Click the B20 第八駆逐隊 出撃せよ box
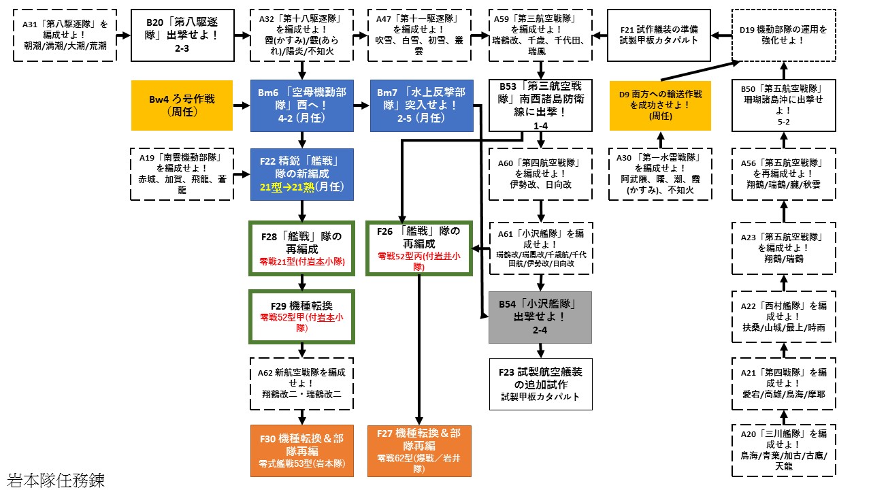tap(182, 35)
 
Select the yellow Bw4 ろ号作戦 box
tap(182, 105)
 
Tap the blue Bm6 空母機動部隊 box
tap(302, 105)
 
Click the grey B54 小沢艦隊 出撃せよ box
tap(540, 317)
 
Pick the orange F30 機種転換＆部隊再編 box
tap(302, 451)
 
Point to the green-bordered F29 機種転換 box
tap(302, 317)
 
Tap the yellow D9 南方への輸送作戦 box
tap(660, 105)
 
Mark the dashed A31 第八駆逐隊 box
tap(65, 35)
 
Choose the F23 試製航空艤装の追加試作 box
tap(540, 384)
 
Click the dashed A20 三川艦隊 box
tap(783, 451)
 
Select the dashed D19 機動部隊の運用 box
tap(783, 35)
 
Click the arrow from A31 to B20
tap(124, 35)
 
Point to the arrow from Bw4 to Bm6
tap(242, 106)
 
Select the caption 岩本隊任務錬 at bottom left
tap(56, 480)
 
